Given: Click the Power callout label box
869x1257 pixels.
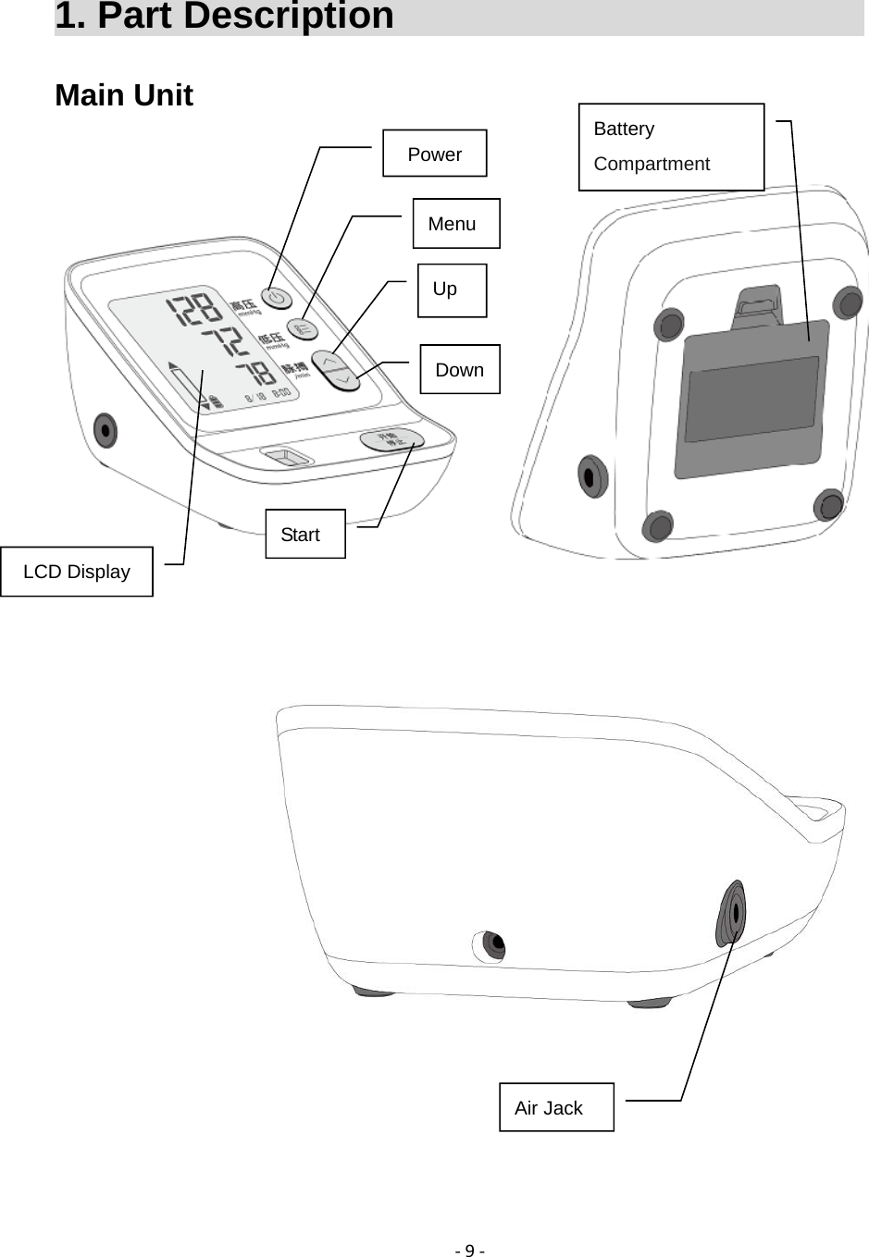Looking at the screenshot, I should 434,154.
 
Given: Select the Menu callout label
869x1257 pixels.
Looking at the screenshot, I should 455,223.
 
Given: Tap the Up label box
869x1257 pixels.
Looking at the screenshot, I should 452,290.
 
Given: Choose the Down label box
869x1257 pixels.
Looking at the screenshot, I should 459,369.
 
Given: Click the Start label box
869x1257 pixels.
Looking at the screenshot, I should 304,534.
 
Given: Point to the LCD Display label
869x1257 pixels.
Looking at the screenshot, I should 77,572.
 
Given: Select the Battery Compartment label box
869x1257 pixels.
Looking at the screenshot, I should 671,147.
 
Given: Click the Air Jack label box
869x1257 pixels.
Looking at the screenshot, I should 555,1107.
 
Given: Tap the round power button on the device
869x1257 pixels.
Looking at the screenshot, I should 276,298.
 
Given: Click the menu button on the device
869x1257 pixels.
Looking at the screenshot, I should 303,329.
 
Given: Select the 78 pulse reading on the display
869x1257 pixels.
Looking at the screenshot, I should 254,373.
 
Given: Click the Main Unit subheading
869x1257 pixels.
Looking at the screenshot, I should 124,95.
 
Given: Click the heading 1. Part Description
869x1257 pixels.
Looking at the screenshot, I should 224,17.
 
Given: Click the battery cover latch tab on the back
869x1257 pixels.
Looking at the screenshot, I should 758,305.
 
